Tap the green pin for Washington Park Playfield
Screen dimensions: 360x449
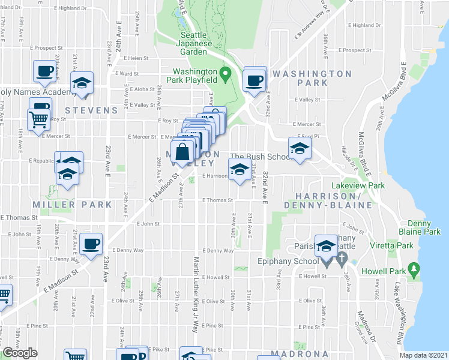pyautogui.click(x=226, y=76)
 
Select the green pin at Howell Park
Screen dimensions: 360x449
pyautogui.click(x=413, y=269)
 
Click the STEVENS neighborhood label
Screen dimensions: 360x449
pyautogui.click(x=91, y=110)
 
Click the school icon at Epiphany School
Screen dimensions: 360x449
pyautogui.click(x=327, y=246)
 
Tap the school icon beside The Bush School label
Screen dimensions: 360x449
pyautogui.click(x=240, y=169)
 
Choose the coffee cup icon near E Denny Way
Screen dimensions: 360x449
pyautogui.click(x=91, y=244)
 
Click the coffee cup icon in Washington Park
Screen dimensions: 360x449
pyautogui.click(x=255, y=80)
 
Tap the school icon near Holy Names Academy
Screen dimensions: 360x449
pyautogui.click(x=82, y=83)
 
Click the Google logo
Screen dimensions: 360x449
pyautogui.click(x=20, y=353)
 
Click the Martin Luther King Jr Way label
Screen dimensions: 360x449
pyautogui.click(x=196, y=295)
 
